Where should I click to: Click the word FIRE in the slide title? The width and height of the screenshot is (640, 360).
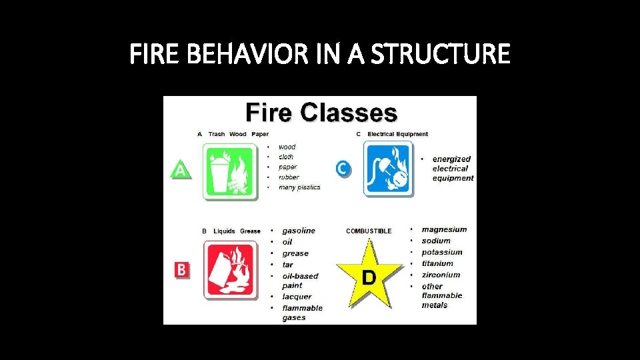153,54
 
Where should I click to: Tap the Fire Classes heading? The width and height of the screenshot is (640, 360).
321,112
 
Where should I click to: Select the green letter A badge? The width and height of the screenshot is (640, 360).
180,169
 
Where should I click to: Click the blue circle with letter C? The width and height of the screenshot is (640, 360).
342,169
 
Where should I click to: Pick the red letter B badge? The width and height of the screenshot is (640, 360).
181,269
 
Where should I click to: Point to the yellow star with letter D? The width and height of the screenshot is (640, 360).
369,275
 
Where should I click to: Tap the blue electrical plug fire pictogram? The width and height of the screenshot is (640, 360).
388,169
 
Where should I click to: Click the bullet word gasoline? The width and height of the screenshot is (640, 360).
298,231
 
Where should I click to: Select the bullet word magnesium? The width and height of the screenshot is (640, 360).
444,229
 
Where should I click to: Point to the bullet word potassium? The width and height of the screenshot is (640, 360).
441,252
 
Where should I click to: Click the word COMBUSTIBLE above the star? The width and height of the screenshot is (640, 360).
369,231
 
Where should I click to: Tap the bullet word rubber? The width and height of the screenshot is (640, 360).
289,177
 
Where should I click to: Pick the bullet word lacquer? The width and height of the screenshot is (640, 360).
297,297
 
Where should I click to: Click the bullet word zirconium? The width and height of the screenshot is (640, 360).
441,275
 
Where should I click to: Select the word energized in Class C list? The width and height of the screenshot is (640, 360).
451,159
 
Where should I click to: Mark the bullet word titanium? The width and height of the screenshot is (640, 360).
437,263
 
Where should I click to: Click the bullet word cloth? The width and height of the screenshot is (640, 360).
286,157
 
